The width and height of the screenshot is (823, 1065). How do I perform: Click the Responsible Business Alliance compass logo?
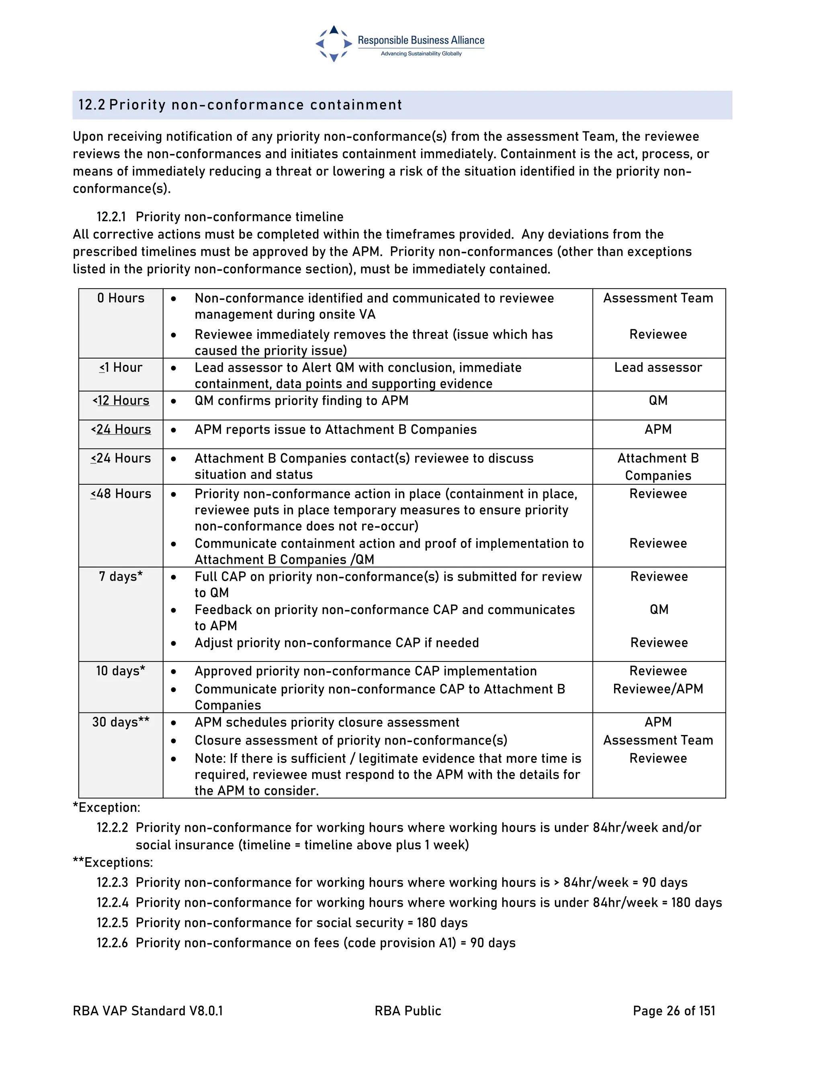[334, 44]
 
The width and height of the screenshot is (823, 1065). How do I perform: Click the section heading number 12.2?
[92, 105]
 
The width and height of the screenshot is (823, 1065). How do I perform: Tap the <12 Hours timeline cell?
[121, 400]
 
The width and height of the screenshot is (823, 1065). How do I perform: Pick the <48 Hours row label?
[121, 494]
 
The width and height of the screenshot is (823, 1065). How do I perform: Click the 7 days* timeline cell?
[121, 576]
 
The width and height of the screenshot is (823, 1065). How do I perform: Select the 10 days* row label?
[121, 671]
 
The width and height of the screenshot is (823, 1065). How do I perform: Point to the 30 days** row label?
[121, 722]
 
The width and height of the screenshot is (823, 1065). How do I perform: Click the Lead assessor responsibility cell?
[658, 367]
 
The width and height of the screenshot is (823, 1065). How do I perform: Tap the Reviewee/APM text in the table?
[658, 688]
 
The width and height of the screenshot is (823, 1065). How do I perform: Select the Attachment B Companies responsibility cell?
[658, 467]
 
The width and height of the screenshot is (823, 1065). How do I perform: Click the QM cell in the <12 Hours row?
[658, 400]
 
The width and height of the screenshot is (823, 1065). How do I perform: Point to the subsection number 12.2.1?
[111, 217]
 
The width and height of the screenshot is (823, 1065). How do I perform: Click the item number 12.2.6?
[112, 942]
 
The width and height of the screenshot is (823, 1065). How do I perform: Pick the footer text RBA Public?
[407, 1011]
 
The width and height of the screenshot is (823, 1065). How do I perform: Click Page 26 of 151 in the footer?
[674, 1011]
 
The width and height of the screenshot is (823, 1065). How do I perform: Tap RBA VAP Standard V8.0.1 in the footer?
[148, 1011]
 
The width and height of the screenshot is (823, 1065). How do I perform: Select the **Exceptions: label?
[113, 862]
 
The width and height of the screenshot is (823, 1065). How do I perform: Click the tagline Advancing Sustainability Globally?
[421, 53]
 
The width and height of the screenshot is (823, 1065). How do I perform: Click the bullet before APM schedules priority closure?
[174, 722]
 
